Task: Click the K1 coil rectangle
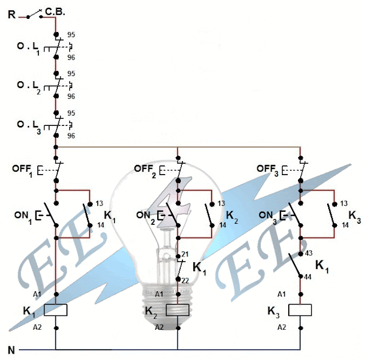click(55, 310)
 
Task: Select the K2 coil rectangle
click(177, 310)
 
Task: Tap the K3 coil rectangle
click(300, 310)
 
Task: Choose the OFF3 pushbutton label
click(268, 169)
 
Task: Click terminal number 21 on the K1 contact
click(185, 254)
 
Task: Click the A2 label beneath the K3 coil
click(281, 327)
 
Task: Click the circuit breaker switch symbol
click(35, 14)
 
